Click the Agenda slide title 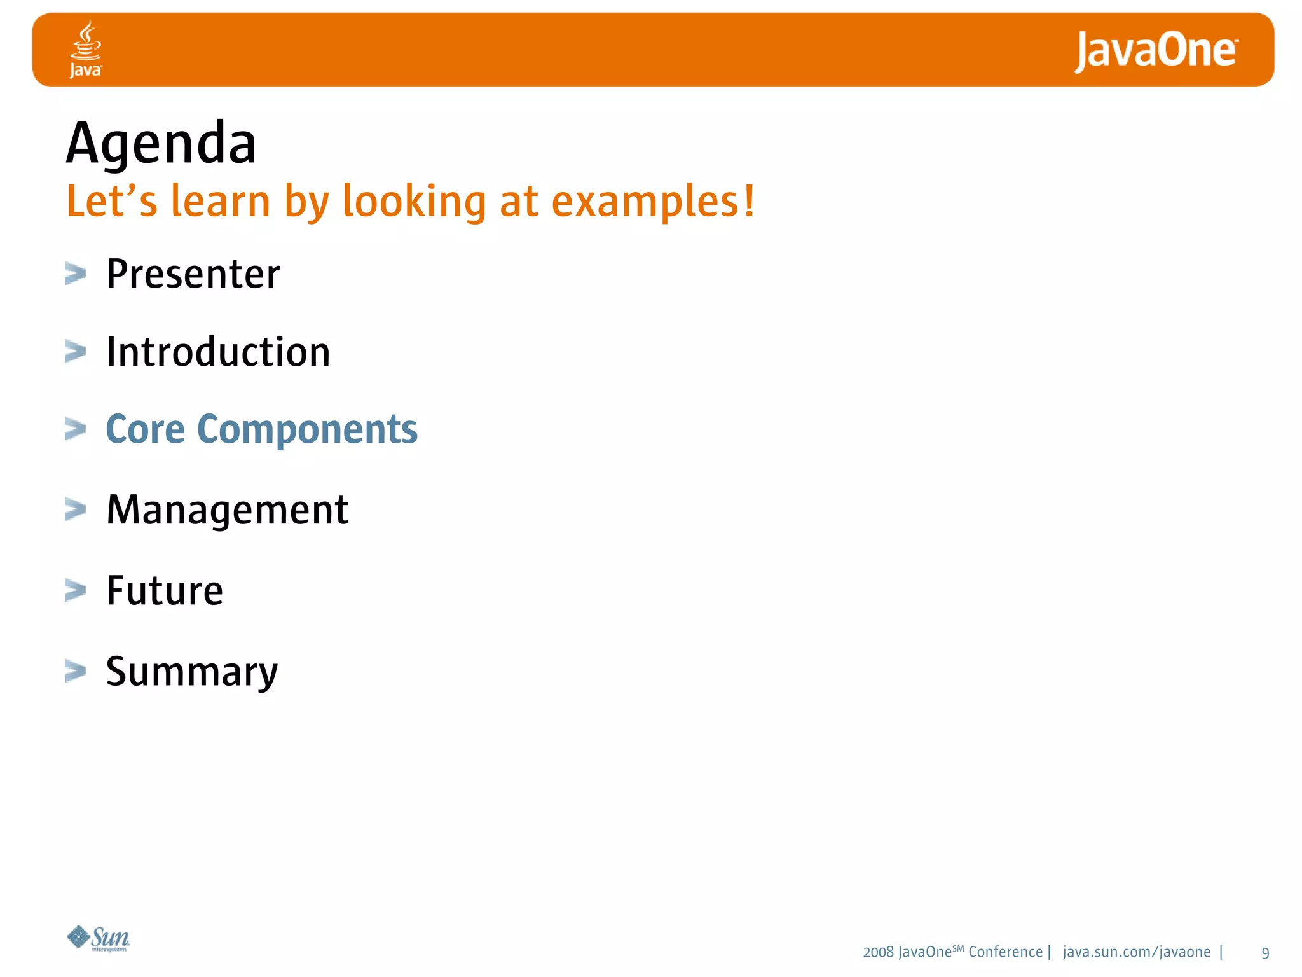(x=161, y=144)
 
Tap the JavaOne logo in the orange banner (x=1156, y=51)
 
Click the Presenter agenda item (x=193, y=274)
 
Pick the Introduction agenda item (x=218, y=352)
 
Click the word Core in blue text (x=145, y=429)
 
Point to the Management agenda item (x=227, y=510)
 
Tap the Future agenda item (x=165, y=590)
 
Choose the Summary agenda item (x=191, y=672)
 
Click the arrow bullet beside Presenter (x=75, y=274)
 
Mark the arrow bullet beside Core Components (x=75, y=429)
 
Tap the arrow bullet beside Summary (x=75, y=671)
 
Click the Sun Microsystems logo (x=99, y=938)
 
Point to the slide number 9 (x=1265, y=953)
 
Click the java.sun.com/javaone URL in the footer (x=1136, y=952)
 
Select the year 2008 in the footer (x=878, y=952)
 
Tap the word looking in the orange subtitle (x=414, y=202)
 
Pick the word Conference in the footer (x=1005, y=952)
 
